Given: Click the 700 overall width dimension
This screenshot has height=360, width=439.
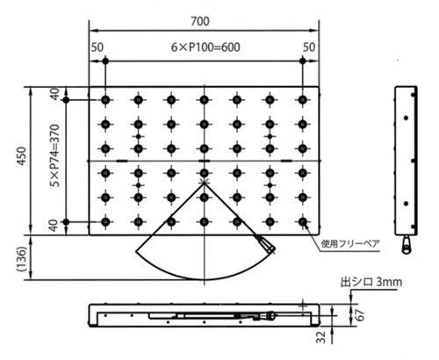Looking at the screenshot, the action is (200, 21).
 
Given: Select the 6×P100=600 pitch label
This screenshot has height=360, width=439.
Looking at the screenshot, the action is (205, 47).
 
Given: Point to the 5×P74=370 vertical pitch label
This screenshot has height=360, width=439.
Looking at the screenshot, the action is (55, 155).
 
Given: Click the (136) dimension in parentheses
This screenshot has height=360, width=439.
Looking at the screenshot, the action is (22, 259).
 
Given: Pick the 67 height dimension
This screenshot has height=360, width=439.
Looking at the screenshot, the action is (361, 315).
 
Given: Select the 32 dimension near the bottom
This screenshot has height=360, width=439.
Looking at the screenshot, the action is (321, 337).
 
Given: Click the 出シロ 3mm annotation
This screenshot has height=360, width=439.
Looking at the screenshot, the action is (371, 282).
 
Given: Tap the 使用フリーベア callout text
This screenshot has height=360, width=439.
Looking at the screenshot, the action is (350, 243).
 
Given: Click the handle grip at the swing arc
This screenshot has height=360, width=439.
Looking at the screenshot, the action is (267, 245).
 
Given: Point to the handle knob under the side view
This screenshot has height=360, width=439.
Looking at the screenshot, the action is (407, 245).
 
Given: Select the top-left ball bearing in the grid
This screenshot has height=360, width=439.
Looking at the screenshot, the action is (105, 100).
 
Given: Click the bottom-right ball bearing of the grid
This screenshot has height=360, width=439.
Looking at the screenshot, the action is (303, 222).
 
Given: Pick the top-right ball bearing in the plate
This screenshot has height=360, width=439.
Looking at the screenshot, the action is (303, 100).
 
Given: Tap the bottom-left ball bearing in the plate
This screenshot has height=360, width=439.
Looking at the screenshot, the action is (105, 222).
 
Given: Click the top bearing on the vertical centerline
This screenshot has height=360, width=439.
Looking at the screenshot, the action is (205, 100).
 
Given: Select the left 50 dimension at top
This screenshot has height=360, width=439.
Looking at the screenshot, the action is (97, 47).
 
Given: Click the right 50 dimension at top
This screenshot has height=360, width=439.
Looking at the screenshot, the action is (309, 47).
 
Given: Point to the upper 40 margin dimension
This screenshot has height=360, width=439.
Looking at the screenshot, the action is (55, 94).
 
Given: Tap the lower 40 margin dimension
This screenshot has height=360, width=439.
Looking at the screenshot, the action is (54, 226).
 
